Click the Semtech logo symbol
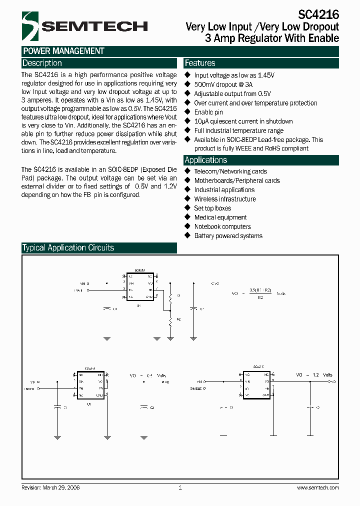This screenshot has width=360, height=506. (29, 26)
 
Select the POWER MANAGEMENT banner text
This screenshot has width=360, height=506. (63, 51)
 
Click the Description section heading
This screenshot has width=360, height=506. (42, 63)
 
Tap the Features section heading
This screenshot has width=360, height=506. (200, 63)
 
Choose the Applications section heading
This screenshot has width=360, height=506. (205, 160)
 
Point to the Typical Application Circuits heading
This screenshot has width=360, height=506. (68, 247)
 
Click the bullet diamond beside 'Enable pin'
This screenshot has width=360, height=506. (188, 112)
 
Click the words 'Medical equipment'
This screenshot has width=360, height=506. (220, 217)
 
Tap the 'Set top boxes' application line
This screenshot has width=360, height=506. (212, 208)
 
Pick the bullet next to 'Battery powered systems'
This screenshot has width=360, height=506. (188, 235)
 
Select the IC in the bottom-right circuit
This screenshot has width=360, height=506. (256, 384)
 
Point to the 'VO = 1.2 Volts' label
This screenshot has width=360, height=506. (314, 375)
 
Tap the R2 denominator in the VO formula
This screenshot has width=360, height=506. (260, 297)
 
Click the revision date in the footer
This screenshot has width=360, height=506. (51, 487)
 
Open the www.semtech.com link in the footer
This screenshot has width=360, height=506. (318, 487)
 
